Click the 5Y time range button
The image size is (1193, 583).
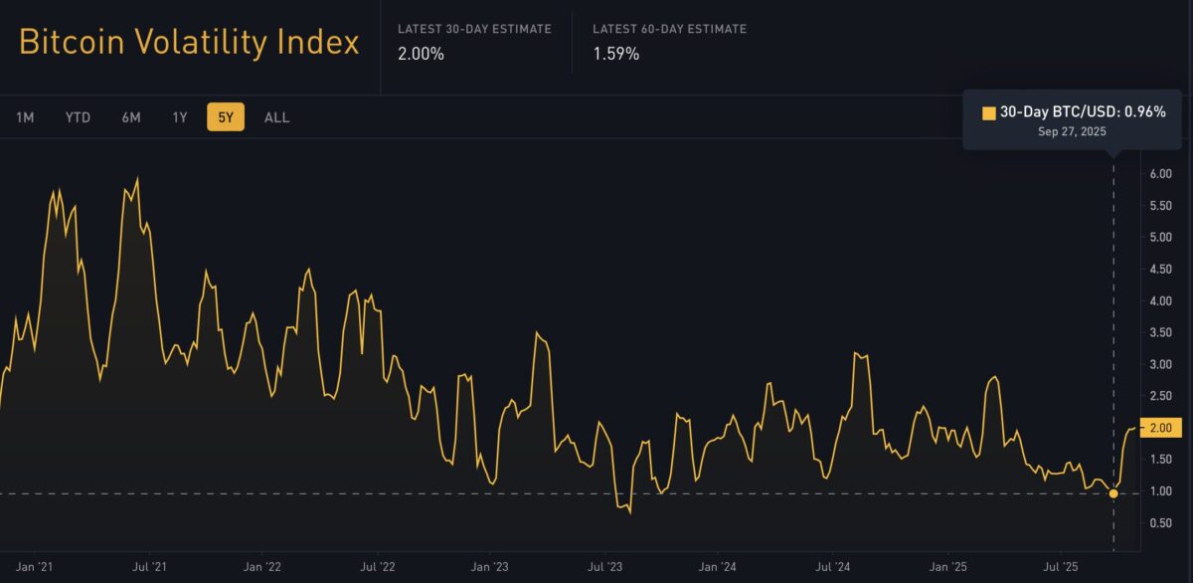(226, 117)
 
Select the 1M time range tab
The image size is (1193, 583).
(25, 117)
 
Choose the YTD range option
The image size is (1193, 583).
(78, 117)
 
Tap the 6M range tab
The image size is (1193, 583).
(131, 117)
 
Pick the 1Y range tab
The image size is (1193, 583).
(180, 117)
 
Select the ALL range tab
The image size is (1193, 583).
(277, 117)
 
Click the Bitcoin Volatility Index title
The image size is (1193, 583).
(189, 43)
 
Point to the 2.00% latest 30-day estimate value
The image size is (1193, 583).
(421, 54)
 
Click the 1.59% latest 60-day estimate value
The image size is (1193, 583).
(615, 54)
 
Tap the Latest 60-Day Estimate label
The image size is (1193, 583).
(669, 29)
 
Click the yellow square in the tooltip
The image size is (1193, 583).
(988, 112)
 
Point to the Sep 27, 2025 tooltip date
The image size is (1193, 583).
(1072, 131)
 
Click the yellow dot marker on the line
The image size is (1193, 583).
(1113, 493)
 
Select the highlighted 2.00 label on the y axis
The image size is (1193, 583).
(1161, 428)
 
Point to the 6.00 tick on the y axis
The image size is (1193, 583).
(1161, 173)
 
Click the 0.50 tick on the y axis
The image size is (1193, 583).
(1161, 523)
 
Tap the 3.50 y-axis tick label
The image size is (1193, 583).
(1161, 332)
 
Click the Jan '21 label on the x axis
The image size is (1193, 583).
(35, 568)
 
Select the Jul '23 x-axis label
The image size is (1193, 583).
(604, 568)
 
